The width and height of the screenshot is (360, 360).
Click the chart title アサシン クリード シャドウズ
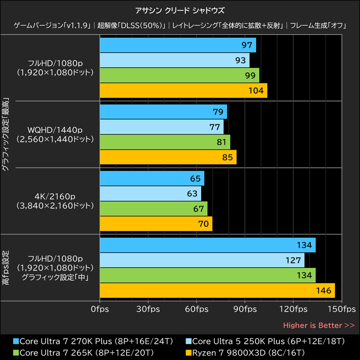tap(180, 10)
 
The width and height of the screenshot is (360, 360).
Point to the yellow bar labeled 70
tap(156, 224)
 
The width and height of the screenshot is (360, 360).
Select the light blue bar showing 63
tap(150, 194)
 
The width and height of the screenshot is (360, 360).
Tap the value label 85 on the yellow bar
tap(228, 157)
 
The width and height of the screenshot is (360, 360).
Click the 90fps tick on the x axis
tap(245, 310)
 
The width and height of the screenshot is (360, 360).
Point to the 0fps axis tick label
tap(99, 310)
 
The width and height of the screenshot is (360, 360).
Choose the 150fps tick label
tap(342, 310)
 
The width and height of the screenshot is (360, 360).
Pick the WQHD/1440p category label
tap(55, 130)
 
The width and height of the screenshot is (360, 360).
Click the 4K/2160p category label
tap(55, 197)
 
